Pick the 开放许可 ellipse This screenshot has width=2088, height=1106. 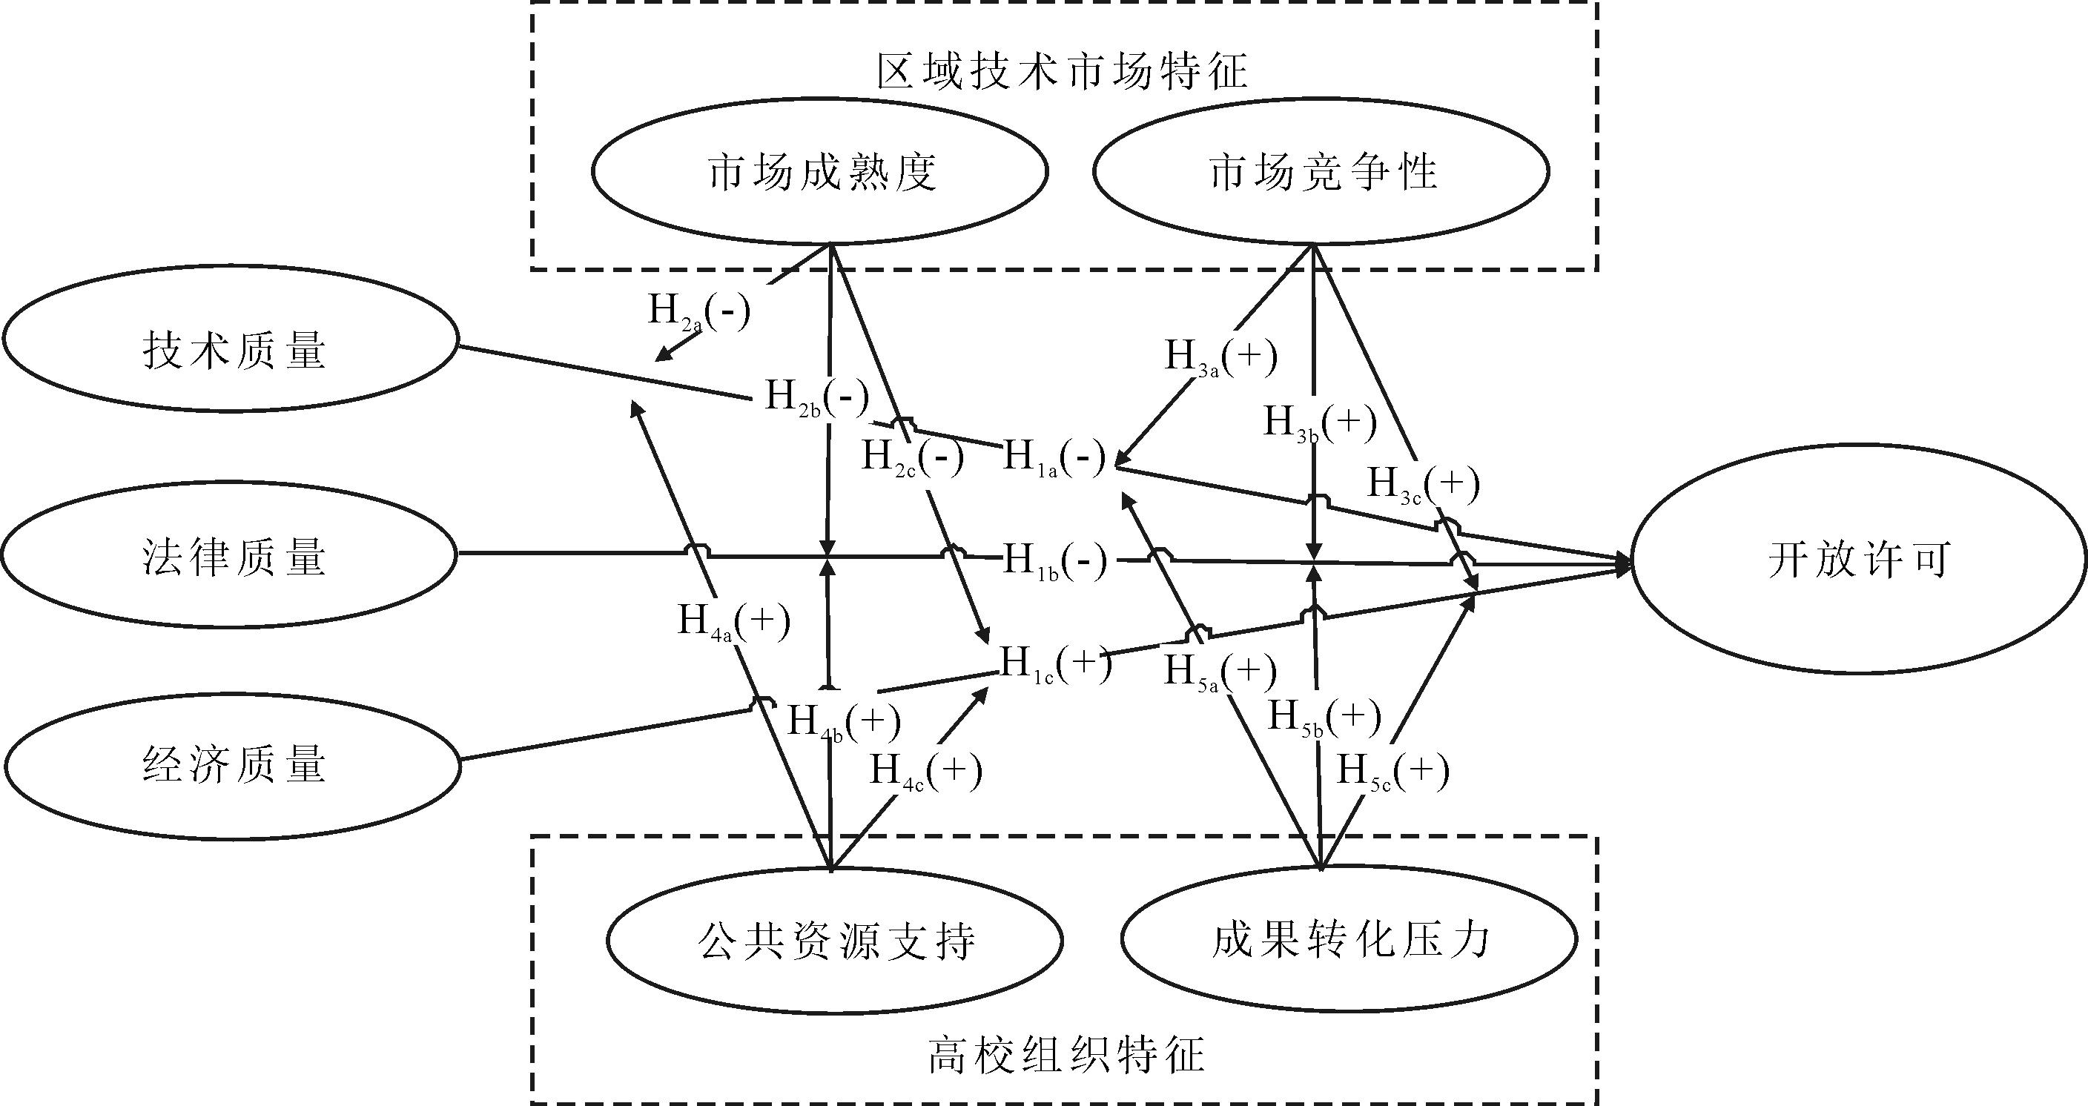coord(1858,559)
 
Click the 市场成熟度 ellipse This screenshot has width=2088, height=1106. coord(820,172)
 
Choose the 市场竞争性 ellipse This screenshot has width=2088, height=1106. coord(1321,172)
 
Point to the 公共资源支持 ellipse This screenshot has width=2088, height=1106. coord(835,941)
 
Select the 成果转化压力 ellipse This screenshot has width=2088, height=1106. coord(1349,939)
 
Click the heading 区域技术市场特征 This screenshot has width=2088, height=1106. coord(1062,71)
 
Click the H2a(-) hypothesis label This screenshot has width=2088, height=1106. coord(698,312)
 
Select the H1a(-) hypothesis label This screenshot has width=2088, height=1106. coord(1054,459)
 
